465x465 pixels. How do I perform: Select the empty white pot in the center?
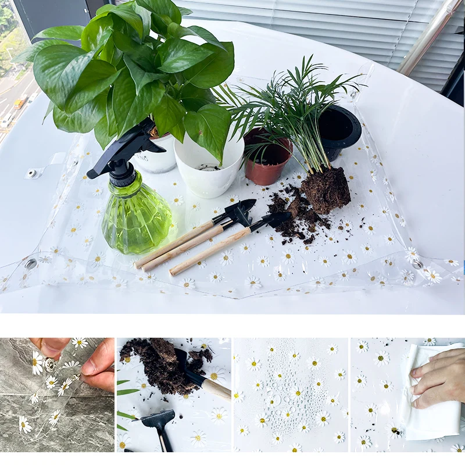(x=208, y=166)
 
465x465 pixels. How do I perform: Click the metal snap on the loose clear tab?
(x=31, y=173)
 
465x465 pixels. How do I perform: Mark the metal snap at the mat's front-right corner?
(x=416, y=264)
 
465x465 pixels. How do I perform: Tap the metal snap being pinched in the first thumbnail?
(x=50, y=365)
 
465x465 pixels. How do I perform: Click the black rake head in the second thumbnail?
(x=158, y=419)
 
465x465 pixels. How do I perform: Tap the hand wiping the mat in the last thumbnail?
(x=442, y=378)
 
